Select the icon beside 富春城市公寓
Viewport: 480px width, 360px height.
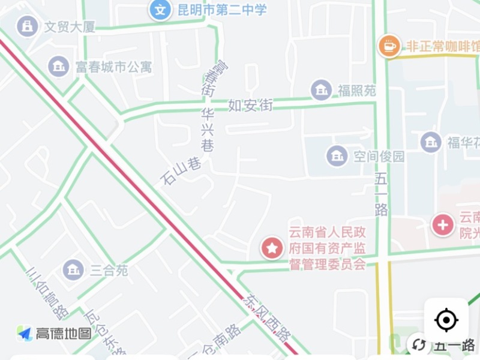(59, 66)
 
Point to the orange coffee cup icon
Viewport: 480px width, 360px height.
(389, 45)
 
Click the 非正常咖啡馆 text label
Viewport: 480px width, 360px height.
(443, 46)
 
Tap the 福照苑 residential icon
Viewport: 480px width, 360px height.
(322, 90)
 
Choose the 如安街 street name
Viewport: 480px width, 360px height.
(250, 106)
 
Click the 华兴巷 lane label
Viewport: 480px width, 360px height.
(208, 129)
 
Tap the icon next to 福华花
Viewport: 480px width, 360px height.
(431, 142)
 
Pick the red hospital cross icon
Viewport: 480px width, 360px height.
(443, 225)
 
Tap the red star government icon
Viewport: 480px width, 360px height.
(272, 248)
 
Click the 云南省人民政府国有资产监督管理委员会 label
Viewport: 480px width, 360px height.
(327, 248)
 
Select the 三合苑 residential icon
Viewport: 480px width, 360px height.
(73, 269)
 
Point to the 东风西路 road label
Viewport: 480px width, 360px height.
(266, 318)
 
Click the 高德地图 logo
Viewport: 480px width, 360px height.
(54, 333)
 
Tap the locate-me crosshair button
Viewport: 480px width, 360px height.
(446, 320)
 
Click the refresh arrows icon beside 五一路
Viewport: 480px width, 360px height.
(419, 344)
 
